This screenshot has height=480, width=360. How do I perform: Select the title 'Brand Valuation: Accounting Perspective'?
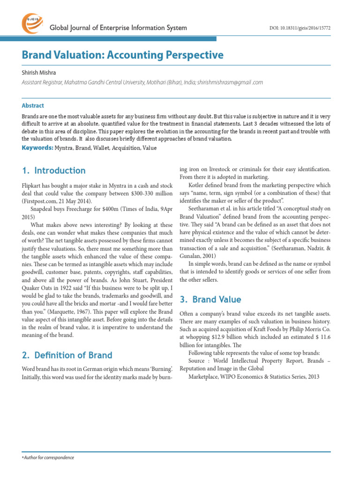tap(123, 55)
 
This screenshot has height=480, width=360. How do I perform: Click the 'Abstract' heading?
tap(33, 105)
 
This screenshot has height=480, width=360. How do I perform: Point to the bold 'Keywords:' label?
tap(37, 148)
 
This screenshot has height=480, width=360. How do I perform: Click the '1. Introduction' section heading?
tap(54, 171)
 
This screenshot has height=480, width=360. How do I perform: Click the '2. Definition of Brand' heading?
tap(67, 355)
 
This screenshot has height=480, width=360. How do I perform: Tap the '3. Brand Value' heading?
tap(210, 300)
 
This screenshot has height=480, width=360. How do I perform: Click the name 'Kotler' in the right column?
tap(197, 185)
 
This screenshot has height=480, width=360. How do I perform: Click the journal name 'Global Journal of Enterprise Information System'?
tap(118, 28)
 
